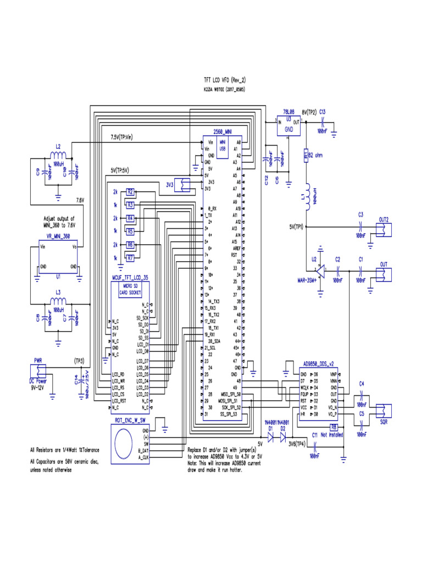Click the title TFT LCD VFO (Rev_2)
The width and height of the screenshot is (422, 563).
click(x=225, y=79)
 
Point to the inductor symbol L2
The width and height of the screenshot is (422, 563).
click(x=58, y=154)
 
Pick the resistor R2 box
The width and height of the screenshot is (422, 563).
click(x=130, y=192)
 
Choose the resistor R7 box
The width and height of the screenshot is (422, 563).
click(x=130, y=257)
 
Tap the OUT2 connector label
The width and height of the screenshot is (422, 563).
click(x=383, y=219)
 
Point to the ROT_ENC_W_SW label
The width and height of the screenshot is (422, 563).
click(x=130, y=420)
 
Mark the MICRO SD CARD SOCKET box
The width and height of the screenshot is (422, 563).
click(x=130, y=290)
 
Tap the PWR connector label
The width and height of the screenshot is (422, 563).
click(x=38, y=360)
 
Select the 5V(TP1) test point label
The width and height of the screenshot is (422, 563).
click(x=296, y=227)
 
